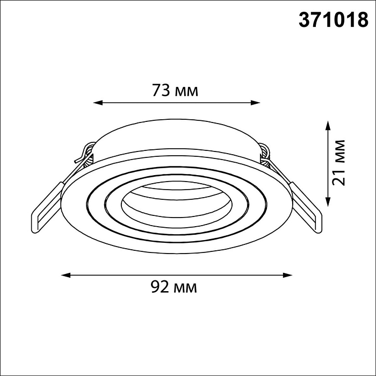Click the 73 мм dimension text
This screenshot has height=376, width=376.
coord(175,91)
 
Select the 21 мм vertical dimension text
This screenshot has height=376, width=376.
coord(338,162)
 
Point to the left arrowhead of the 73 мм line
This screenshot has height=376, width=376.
coord(97,102)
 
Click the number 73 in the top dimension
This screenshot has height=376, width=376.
coord(161,91)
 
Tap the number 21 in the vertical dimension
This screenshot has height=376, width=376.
coord(338,178)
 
